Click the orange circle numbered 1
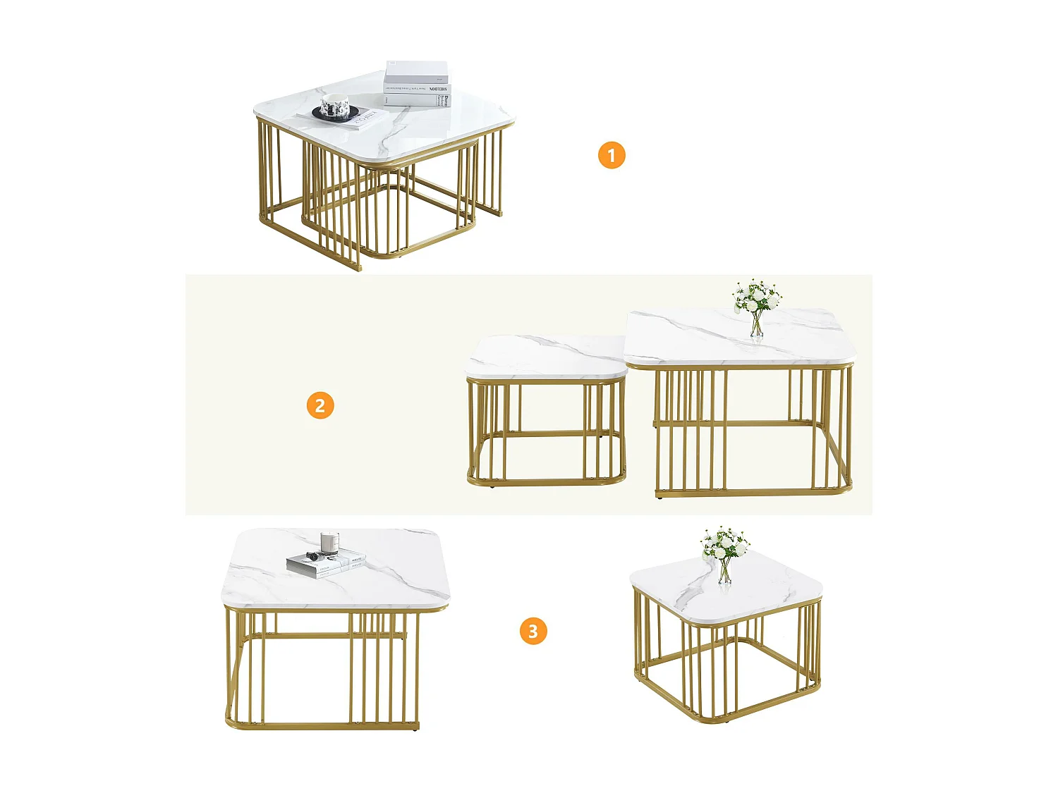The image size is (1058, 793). (612, 155)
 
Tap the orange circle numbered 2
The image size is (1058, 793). (320, 406)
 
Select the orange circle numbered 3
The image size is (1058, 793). (533, 631)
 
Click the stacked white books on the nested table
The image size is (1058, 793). (417, 84)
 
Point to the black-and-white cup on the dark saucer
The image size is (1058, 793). (335, 107)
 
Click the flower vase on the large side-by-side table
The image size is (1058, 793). (757, 324)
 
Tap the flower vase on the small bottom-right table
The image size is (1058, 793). (725, 571)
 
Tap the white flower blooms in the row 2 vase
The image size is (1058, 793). (756, 296)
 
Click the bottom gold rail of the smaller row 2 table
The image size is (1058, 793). (543, 482)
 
